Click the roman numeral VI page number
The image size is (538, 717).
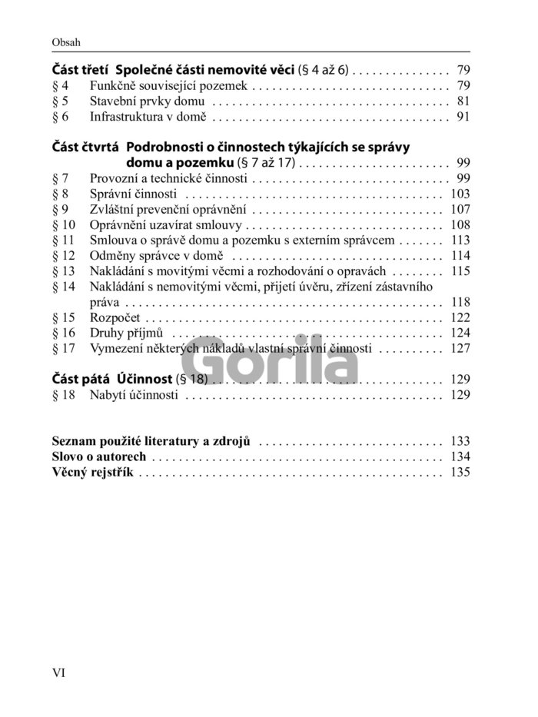59,673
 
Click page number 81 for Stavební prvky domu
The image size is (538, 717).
462,101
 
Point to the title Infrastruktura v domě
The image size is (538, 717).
148,118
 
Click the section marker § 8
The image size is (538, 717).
60,194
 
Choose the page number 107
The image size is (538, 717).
460,209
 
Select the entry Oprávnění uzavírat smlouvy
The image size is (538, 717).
166,225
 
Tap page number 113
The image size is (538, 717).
460,241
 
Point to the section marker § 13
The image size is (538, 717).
63,271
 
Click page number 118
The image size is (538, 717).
460,301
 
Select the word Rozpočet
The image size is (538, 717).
115,317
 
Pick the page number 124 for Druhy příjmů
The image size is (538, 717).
460,333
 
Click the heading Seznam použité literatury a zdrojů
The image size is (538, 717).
154,441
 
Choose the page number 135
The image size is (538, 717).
460,473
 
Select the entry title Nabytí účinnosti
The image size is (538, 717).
134,396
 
